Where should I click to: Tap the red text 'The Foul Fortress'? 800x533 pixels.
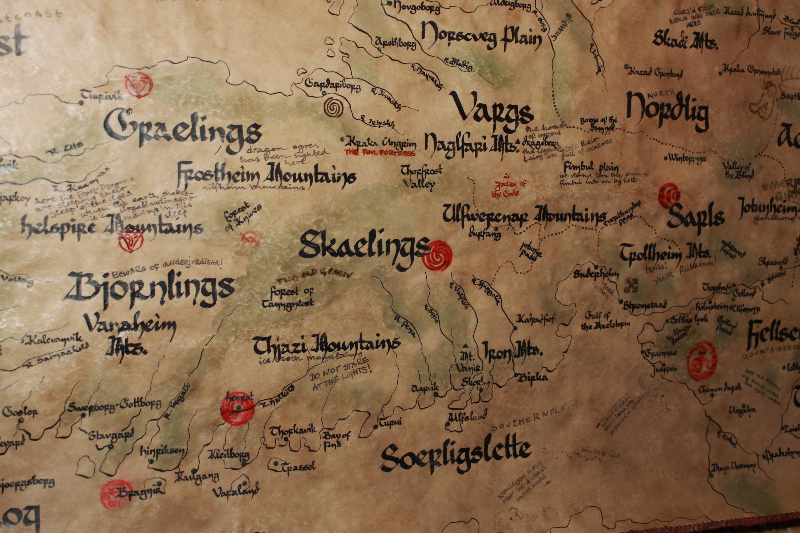pos(380,153)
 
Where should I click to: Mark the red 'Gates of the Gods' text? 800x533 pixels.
pos(508,189)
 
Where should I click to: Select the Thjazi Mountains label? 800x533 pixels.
pos(326,345)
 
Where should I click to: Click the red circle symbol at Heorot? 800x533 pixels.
pos(237,408)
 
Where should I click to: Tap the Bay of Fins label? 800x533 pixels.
pos(336,441)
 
